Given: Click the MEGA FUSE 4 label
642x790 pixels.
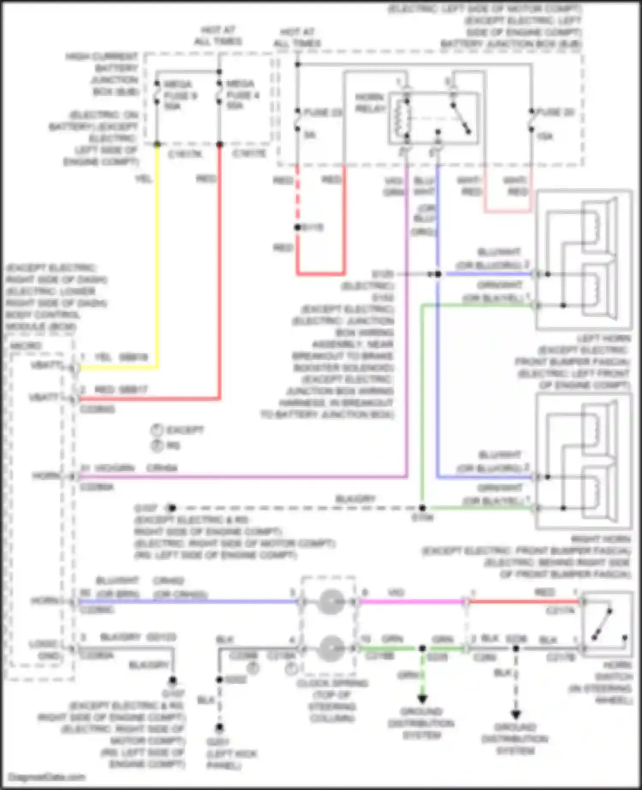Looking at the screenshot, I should point(242,95).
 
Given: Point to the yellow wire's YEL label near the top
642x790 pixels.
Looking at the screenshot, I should point(144,178).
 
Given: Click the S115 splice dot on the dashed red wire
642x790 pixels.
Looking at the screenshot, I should point(297,227).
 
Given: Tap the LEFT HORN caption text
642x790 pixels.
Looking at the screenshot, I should point(603,339).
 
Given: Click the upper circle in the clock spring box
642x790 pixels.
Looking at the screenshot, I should point(330,602).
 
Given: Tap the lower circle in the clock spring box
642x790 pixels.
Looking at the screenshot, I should point(330,648).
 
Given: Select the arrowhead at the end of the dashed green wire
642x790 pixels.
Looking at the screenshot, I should point(422,699).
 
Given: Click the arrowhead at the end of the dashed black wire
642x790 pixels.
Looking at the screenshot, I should point(516,714).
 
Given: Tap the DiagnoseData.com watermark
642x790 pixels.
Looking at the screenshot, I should point(47,777).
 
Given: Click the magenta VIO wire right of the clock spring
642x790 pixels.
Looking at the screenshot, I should point(411,602).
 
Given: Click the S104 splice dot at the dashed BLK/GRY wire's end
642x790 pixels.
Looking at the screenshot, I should point(422,508).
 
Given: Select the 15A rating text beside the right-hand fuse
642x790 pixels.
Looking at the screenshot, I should point(544,136).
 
